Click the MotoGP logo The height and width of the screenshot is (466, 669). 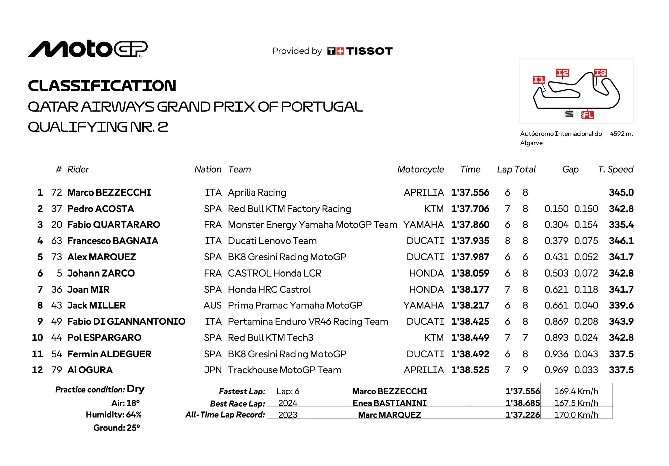pos(88,49)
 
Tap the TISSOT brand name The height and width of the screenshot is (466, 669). pos(369,51)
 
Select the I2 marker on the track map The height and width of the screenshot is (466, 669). pos(562,73)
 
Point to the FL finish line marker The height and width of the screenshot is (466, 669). pos(588,115)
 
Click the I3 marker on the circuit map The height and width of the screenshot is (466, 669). pos(600,73)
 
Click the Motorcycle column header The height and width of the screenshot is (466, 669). pos(420,169)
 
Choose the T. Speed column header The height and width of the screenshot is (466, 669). pos(615,169)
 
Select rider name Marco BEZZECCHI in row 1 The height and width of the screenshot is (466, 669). pos(109,192)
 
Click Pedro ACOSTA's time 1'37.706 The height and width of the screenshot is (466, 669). pos(470,209)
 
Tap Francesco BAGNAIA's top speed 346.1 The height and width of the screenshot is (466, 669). pos(621,241)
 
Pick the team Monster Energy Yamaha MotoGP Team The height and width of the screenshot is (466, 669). pos(312,225)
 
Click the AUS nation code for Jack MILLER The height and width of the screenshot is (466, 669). pos(212,305)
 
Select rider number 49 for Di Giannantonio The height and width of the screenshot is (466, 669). pos(56,322)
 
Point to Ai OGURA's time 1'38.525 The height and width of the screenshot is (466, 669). pos(470,370)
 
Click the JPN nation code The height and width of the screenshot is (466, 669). pos(213,370)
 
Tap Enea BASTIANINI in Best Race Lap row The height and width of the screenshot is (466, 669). pos(390,403)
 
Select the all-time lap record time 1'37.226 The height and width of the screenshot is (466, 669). pos(522,415)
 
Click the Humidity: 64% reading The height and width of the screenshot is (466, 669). pos(114,415)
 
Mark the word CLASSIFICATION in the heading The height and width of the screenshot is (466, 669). pos(102,86)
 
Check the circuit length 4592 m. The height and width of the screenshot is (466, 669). pos(621,134)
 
